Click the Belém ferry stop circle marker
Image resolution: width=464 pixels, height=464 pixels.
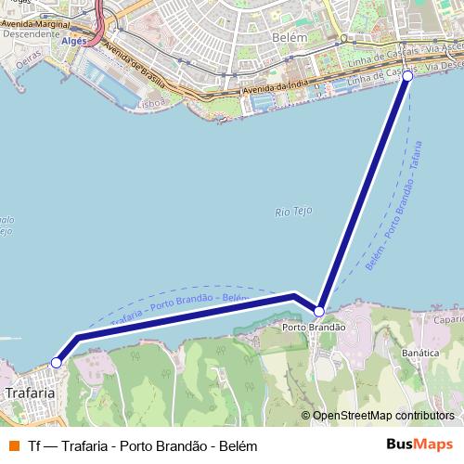pyautogui.click(x=407, y=77)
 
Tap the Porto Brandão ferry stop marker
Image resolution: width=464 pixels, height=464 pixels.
pyautogui.click(x=319, y=311)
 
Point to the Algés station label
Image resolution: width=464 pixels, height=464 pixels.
pyautogui.click(x=73, y=41)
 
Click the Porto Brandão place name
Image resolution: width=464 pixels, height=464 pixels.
pyautogui.click(x=314, y=328)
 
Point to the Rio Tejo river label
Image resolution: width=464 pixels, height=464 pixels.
pyautogui.click(x=292, y=212)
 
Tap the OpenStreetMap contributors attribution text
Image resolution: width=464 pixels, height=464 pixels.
pyautogui.click(x=381, y=416)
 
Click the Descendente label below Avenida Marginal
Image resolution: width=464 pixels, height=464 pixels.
pyautogui.click(x=32, y=33)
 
